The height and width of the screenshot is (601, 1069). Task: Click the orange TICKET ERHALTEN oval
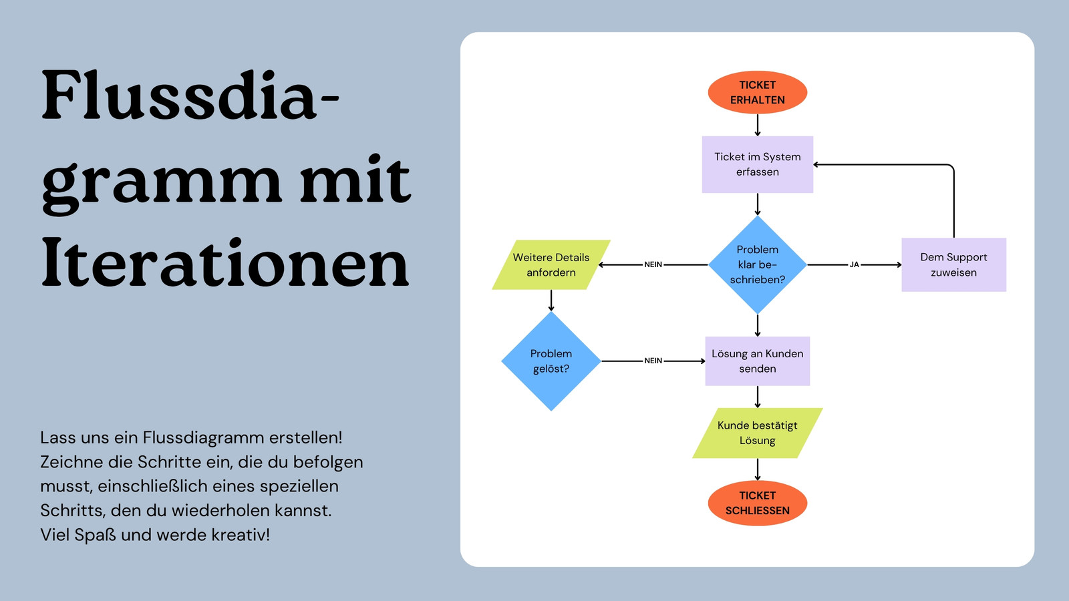tap(758, 93)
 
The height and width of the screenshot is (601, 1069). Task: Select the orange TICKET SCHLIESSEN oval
tap(758, 504)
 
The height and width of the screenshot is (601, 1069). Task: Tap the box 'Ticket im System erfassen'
tap(758, 164)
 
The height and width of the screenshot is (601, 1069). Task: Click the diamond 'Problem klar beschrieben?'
tap(758, 264)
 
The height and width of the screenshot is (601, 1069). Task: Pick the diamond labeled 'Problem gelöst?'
tap(551, 361)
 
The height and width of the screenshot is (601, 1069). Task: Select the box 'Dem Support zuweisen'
tap(953, 264)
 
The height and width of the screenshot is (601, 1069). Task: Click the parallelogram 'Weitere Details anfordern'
tap(551, 264)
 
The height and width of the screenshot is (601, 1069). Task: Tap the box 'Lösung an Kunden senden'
tap(758, 361)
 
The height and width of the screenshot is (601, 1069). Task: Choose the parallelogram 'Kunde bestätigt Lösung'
tap(758, 433)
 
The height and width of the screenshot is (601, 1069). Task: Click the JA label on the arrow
tap(855, 264)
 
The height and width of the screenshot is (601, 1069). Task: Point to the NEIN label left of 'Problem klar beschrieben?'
tap(653, 264)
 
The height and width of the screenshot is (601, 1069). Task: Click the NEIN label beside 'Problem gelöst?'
tap(653, 361)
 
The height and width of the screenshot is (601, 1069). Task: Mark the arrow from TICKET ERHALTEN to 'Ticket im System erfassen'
tap(758, 125)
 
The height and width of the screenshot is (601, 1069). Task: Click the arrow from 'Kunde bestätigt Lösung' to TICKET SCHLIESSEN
tap(758, 469)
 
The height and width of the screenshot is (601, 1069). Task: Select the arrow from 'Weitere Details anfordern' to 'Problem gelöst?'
tap(551, 300)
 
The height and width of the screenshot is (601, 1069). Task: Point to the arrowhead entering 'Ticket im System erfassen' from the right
tap(816, 164)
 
